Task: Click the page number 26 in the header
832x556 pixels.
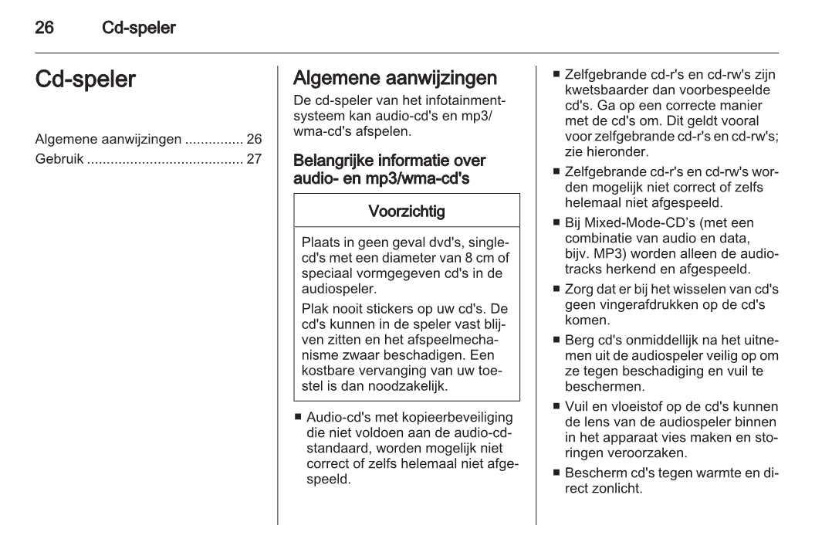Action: coord(45,29)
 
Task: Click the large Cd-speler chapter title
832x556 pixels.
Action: coord(86,80)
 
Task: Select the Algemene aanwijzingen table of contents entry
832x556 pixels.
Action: coord(109,140)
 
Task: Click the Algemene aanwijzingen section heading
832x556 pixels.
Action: coord(394,78)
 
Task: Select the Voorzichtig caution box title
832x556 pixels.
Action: coord(406,211)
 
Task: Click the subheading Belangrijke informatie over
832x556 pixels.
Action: coord(389,161)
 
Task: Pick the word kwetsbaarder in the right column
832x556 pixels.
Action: coord(601,90)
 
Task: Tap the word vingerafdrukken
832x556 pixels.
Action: coord(644,305)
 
